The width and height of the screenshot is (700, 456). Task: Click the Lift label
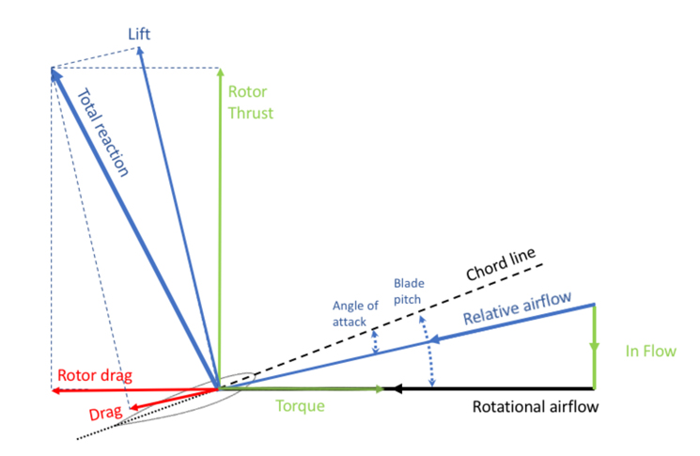coord(139,34)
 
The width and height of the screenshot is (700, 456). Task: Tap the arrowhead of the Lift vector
coord(140,51)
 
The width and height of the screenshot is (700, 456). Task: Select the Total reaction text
coord(103,133)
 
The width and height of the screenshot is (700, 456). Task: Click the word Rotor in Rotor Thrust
coord(247,91)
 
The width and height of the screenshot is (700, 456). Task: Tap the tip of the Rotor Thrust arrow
coord(220,69)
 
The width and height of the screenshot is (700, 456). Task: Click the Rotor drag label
coord(95,375)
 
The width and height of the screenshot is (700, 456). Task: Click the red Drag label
coord(105,413)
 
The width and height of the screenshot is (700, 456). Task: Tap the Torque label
coord(300,406)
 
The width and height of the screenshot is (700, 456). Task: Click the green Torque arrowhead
coord(380,389)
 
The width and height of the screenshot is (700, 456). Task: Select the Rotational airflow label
coord(536,407)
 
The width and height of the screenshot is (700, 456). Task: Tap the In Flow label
coord(650,351)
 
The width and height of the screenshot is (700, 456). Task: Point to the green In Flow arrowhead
coord(594,348)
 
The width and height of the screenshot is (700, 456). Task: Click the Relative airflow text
coord(518,307)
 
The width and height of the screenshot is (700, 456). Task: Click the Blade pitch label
coord(409,291)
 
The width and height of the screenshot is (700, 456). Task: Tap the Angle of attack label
coord(355,313)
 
